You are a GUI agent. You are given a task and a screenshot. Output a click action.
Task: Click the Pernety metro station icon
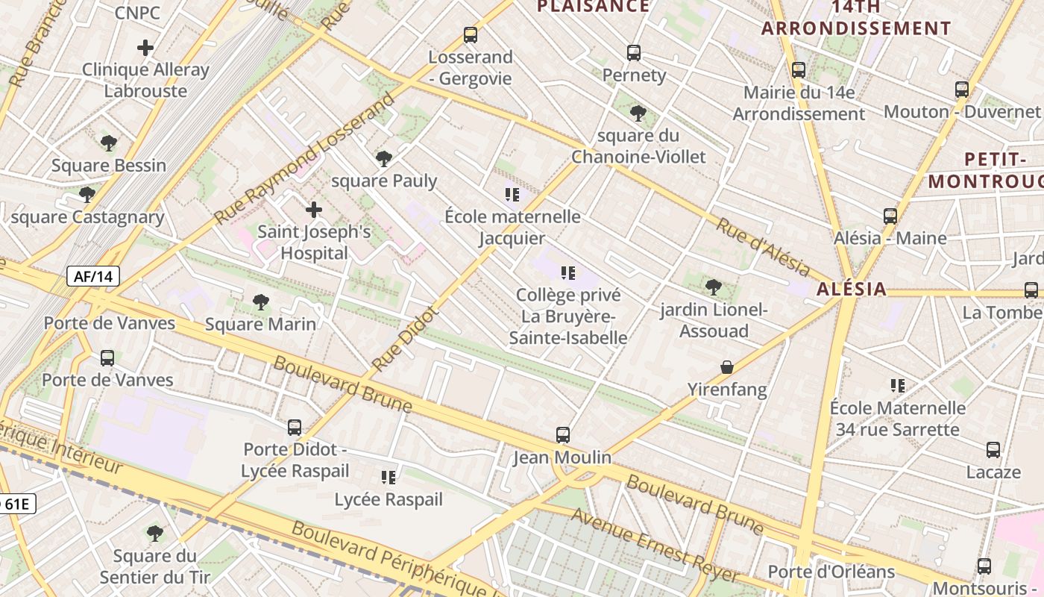(633, 53)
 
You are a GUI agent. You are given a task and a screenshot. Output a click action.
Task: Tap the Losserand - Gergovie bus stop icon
(470, 35)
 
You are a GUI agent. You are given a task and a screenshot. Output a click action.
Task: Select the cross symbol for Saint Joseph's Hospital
(314, 210)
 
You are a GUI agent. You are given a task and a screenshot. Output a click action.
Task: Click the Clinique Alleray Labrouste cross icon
(145, 49)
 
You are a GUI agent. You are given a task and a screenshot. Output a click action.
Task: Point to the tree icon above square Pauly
(384, 158)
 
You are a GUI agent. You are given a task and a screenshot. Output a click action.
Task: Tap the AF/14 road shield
(93, 277)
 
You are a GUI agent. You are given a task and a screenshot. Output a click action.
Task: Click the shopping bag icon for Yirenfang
(727, 367)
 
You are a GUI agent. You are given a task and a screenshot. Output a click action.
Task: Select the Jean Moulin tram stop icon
(563, 435)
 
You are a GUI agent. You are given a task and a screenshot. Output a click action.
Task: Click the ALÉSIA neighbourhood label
(852, 289)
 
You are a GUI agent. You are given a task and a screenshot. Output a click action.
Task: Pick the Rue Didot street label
(403, 340)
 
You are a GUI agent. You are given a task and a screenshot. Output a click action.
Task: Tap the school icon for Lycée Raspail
(389, 477)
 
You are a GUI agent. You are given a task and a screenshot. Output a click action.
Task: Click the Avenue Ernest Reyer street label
(655, 546)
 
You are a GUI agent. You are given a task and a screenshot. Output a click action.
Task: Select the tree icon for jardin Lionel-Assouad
(714, 287)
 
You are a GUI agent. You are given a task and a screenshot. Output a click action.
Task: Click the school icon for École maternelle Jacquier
(512, 195)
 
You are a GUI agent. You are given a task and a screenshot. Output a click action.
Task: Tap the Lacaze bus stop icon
(993, 450)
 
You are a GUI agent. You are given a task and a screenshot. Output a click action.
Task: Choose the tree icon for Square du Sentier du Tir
(155, 534)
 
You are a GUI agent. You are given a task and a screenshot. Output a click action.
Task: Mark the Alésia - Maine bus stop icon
(890, 216)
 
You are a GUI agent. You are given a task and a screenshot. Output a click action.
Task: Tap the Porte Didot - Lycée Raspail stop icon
(295, 428)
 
